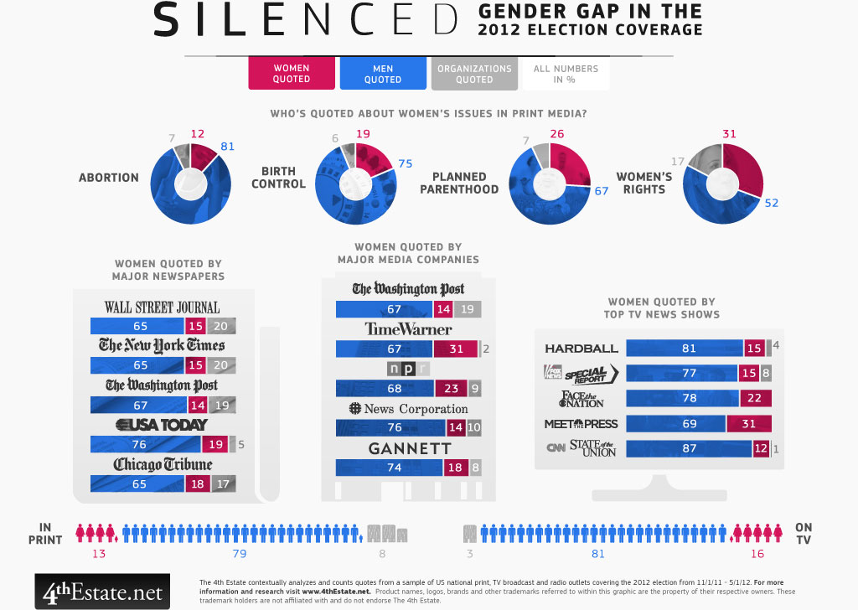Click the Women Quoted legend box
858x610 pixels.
pos(292,74)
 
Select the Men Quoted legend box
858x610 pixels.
pos(383,74)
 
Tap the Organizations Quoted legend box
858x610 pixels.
pos(474,74)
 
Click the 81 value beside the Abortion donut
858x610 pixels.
pos(227,147)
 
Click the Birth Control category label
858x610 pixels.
pos(278,178)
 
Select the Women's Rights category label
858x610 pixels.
pos(644,183)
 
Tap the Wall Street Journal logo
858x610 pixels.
pos(162,307)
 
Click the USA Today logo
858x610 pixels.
pos(162,425)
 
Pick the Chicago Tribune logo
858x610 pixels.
pos(163,464)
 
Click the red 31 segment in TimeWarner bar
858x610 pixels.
pos(455,349)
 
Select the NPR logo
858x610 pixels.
pos(408,369)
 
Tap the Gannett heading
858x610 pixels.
pos(410,449)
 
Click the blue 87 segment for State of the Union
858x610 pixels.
pos(688,449)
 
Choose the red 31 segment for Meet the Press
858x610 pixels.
pos(749,424)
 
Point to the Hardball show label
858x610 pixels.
pos(581,349)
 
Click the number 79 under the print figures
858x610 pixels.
pos(239,553)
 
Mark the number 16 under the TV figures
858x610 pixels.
pos(757,553)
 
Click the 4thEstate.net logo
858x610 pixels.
pos(102,592)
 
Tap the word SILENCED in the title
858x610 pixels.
pos(307,20)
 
